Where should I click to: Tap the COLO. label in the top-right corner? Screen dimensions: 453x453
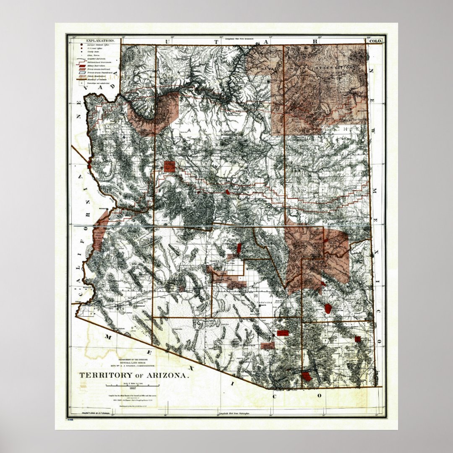[374, 41]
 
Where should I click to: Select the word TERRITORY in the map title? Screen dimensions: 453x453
[104, 375]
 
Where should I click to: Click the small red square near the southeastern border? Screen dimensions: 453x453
[357, 339]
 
